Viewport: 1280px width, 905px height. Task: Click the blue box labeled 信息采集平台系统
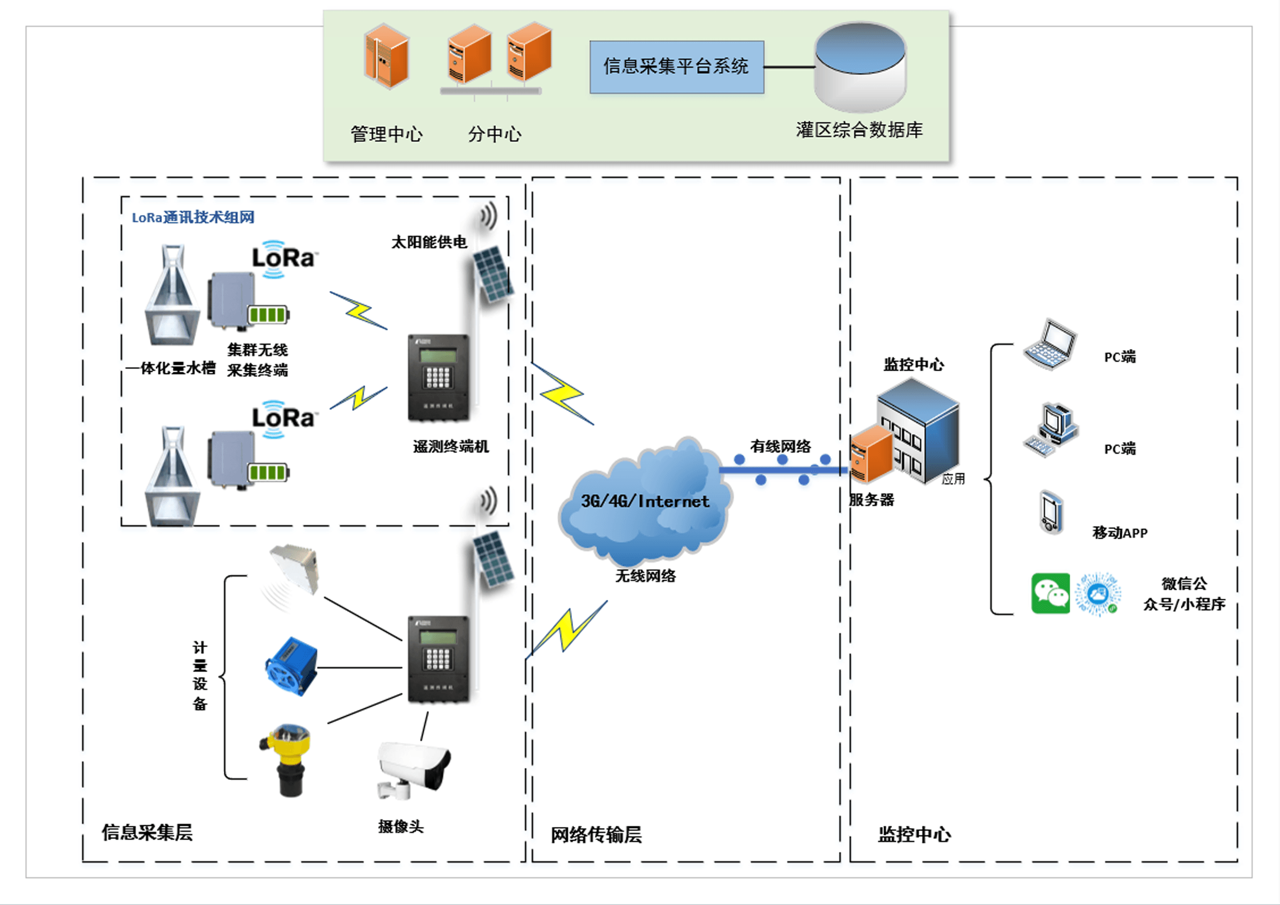(x=676, y=67)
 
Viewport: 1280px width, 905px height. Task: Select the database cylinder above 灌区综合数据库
(x=859, y=67)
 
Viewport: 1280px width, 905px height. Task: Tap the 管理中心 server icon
(x=386, y=56)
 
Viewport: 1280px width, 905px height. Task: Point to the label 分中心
(x=494, y=134)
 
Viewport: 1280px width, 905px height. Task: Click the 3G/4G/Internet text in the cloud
(x=645, y=501)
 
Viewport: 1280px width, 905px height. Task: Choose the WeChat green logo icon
(x=1050, y=593)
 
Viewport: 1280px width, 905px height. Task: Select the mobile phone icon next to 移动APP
(x=1051, y=513)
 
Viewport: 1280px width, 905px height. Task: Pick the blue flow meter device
(x=290, y=667)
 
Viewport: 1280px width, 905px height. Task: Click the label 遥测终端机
(x=450, y=447)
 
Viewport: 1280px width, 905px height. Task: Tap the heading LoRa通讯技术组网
(x=193, y=217)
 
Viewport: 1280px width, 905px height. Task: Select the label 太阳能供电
(x=429, y=242)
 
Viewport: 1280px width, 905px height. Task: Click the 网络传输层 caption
(x=596, y=835)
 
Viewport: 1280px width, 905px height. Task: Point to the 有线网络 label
(x=780, y=446)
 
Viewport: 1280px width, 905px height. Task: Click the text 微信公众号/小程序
(x=1184, y=594)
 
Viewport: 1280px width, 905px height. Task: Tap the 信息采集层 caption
(x=147, y=832)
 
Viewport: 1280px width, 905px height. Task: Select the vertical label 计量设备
(x=199, y=676)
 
